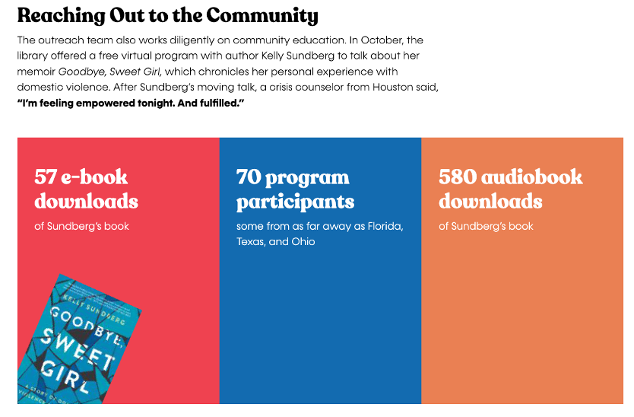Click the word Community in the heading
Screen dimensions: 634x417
262,16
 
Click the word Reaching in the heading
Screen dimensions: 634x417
61,16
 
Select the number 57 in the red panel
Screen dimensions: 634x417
46,177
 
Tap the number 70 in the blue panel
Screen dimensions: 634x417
249,177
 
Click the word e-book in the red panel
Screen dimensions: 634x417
94,177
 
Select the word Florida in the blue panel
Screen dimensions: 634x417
385,226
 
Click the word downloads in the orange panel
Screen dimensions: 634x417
490,201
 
